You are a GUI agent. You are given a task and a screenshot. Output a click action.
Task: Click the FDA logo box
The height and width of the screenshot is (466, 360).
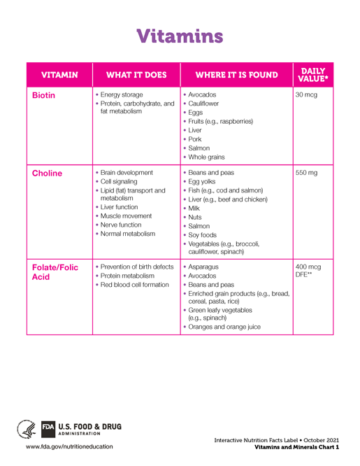48,427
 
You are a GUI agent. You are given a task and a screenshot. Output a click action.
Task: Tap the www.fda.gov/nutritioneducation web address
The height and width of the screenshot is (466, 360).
69,446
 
